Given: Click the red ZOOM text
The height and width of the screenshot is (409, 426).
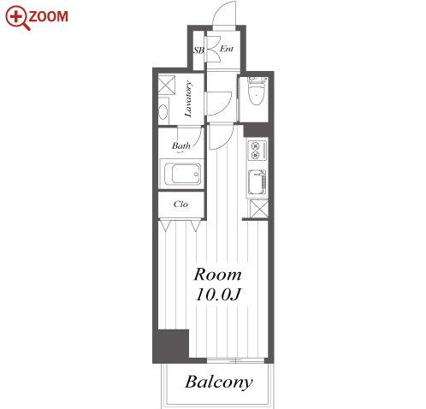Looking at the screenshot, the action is [48, 16].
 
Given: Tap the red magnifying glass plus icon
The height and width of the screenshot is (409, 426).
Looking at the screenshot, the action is [17, 17].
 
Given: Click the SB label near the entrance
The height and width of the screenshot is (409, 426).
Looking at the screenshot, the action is [198, 50].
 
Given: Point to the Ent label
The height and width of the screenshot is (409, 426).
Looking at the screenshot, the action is [227, 49].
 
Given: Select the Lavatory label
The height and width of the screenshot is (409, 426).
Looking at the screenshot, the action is [188, 98].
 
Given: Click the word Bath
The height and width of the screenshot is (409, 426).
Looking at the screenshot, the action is [180, 145].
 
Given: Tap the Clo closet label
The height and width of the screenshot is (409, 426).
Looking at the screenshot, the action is [180, 204].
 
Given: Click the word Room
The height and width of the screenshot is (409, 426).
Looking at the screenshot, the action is [217, 275].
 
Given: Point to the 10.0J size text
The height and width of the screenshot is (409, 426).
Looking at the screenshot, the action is [218, 294].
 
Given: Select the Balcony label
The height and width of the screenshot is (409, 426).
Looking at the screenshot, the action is [219, 382].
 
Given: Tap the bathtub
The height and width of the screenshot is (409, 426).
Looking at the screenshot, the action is [186, 174].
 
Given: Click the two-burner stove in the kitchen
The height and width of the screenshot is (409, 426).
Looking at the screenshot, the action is [257, 151].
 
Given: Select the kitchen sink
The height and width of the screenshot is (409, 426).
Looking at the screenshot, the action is [257, 182].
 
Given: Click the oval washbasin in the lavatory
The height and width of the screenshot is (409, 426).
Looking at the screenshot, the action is [163, 112].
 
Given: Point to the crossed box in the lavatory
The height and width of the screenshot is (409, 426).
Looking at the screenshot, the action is [167, 84].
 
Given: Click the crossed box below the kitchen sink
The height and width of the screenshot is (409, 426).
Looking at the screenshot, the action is [259, 209].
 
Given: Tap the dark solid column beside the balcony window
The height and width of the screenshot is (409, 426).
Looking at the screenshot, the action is [171, 345].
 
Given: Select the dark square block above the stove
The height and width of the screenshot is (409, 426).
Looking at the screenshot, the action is [256, 130].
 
